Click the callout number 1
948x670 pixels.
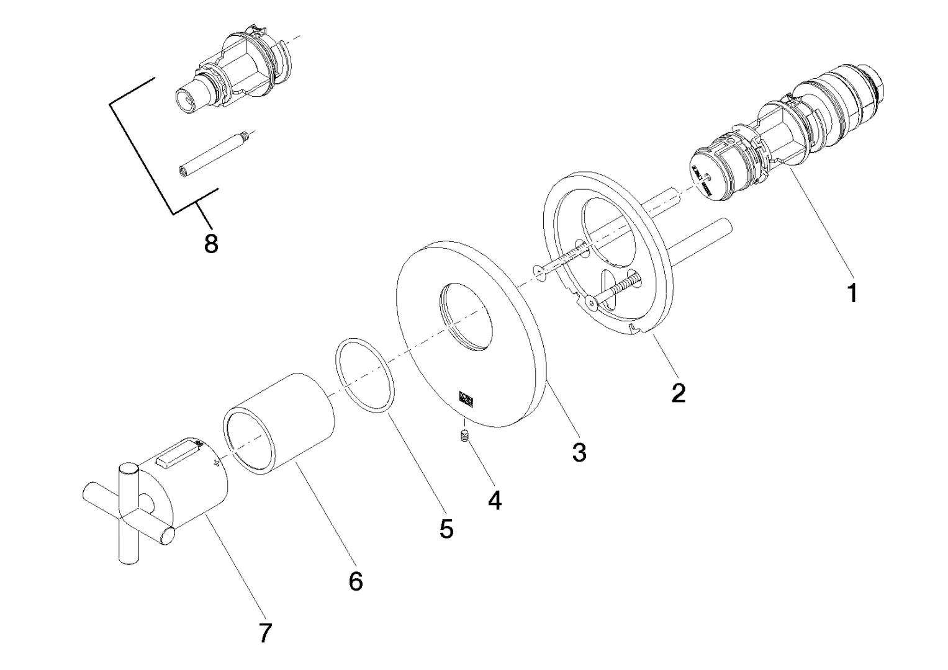point(852,292)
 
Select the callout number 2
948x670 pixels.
point(679,392)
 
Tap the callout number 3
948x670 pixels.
point(579,452)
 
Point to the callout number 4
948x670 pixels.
point(494,499)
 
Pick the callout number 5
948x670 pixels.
point(446,528)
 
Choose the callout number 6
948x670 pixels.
point(355,581)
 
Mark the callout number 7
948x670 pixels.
point(265,633)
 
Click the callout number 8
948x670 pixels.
point(211,244)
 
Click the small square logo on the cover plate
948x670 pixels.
point(466,398)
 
